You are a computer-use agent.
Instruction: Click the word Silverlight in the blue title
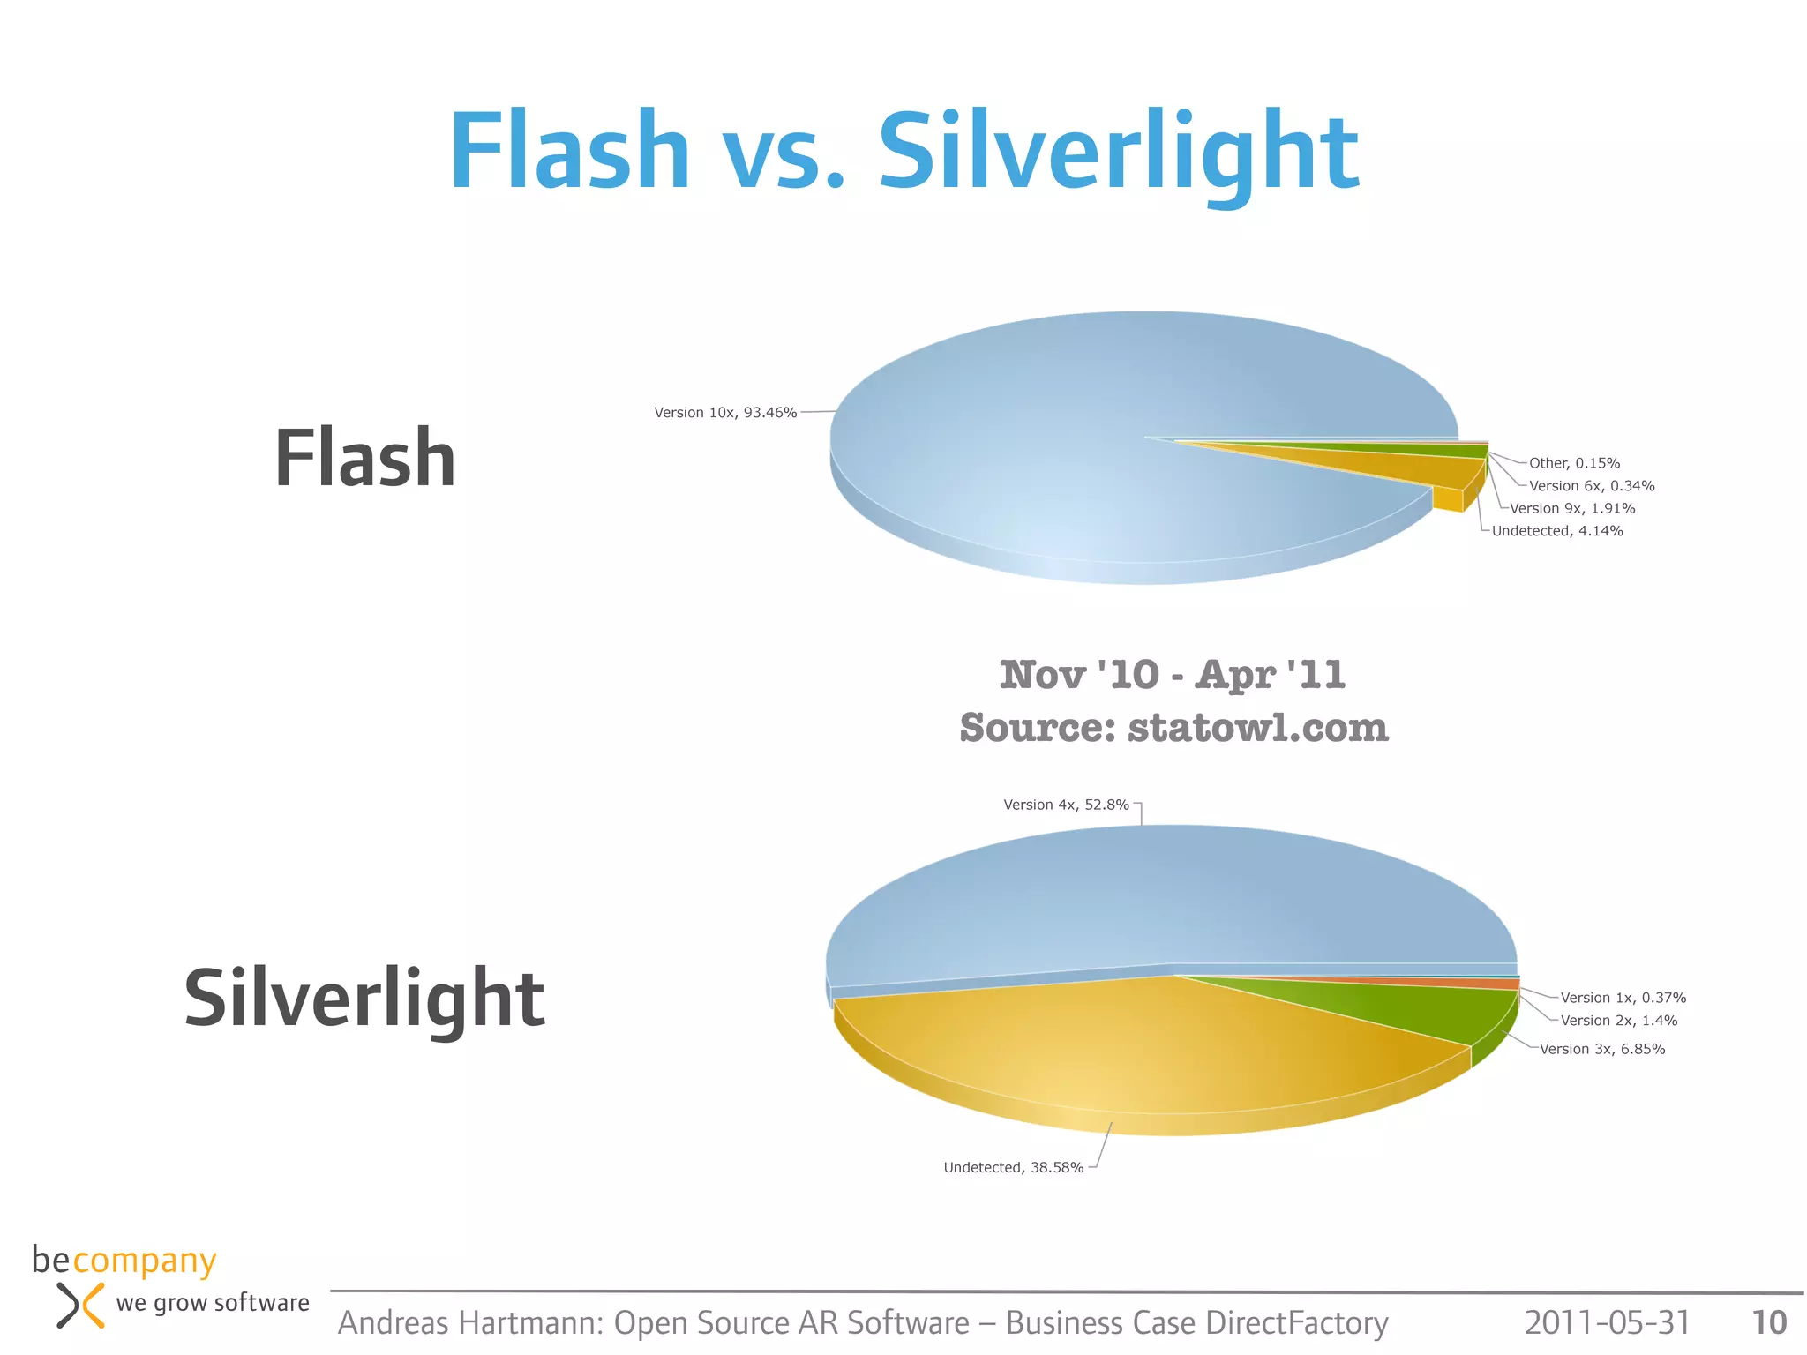click(1118, 152)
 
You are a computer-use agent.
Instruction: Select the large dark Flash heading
click(364, 459)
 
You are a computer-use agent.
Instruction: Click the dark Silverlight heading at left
click(364, 999)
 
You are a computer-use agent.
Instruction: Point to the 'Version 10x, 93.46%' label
click(725, 413)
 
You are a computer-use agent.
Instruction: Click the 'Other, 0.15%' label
click(1574, 463)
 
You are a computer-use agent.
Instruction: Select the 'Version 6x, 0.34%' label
click(1592, 486)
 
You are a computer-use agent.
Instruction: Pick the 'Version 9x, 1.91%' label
click(1572, 508)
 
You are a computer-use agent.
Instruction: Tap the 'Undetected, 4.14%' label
click(1557, 531)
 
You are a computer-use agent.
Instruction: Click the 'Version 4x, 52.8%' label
click(1066, 805)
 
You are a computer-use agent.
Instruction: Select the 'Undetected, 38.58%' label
click(1013, 1167)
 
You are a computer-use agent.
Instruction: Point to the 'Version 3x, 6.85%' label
click(1602, 1049)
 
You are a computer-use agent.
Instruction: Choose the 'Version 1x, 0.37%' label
click(1623, 998)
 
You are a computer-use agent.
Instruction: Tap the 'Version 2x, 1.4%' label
click(1619, 1021)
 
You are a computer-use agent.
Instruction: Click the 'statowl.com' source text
click(1258, 729)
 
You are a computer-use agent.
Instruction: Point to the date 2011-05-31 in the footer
click(1607, 1322)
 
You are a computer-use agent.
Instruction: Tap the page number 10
click(1769, 1322)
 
